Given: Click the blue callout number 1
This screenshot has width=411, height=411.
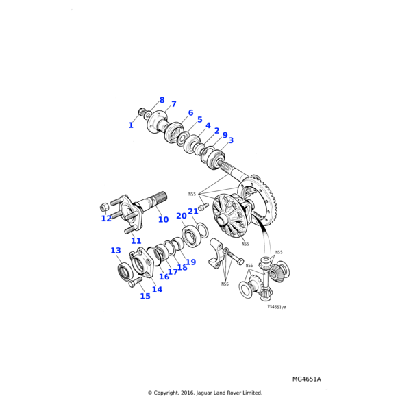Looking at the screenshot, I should pyautogui.click(x=131, y=125).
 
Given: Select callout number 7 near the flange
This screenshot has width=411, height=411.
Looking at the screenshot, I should pyautogui.click(x=173, y=104).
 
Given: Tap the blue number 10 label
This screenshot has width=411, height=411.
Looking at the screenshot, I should pyautogui.click(x=163, y=220).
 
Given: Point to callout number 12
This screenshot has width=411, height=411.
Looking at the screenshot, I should pyautogui.click(x=106, y=219).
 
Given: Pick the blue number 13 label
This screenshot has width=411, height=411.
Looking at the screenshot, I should pyautogui.click(x=116, y=251).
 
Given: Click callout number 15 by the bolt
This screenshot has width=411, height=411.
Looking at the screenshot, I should pyautogui.click(x=145, y=296).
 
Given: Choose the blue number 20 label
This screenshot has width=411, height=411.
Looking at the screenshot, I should pyautogui.click(x=181, y=216).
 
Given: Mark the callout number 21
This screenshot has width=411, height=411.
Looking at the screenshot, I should pyautogui.click(x=193, y=212).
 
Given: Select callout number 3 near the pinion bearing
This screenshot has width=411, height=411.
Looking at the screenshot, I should pyautogui.click(x=231, y=140).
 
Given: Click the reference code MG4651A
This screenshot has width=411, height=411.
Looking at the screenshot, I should pyautogui.click(x=306, y=379).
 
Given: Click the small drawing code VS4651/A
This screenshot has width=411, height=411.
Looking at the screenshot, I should pyautogui.click(x=277, y=307).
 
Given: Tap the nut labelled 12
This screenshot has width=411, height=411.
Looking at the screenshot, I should pyautogui.click(x=105, y=205).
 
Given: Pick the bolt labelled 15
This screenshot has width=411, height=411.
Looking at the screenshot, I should pyautogui.click(x=134, y=282).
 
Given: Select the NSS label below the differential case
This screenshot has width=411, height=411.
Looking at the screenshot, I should pyautogui.click(x=245, y=244).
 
